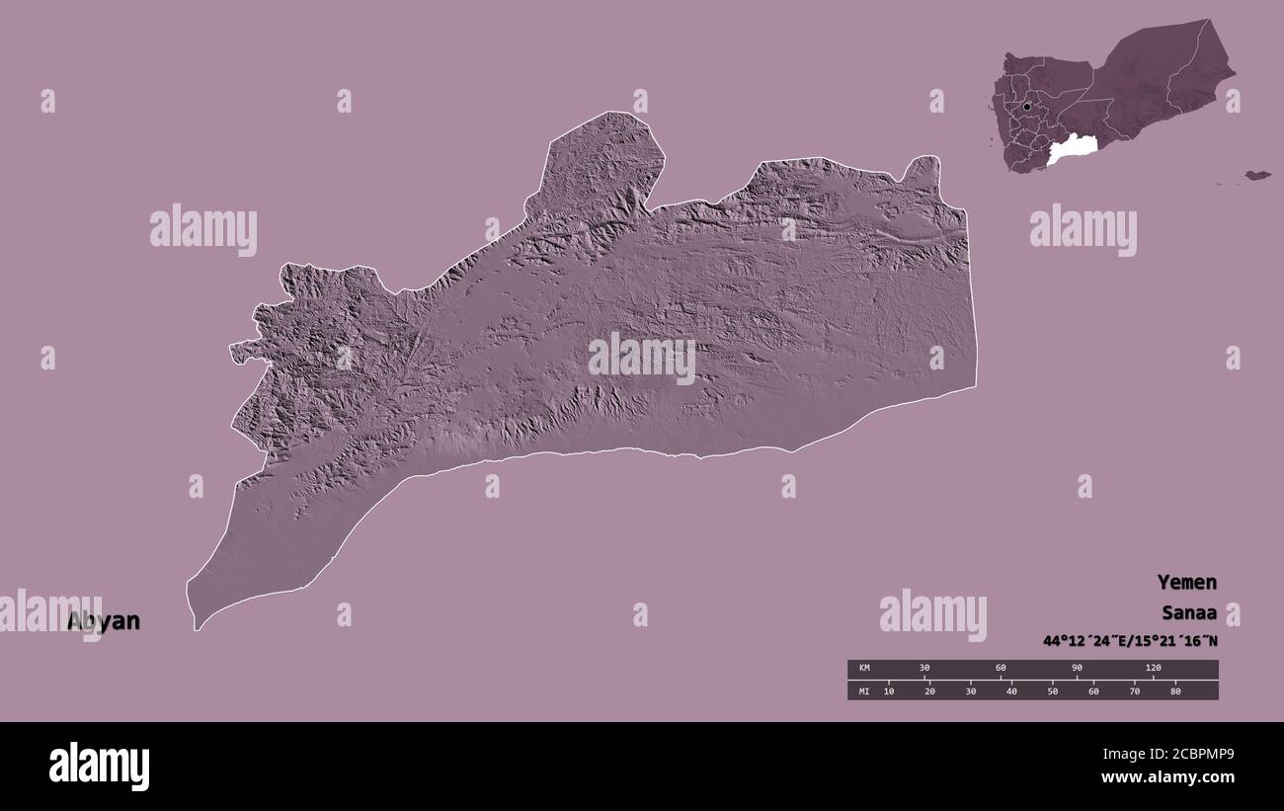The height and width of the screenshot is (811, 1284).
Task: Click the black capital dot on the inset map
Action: coord(1027,106)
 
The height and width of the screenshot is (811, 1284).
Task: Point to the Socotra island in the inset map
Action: coord(1256,175)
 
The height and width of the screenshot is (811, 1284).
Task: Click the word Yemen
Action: coord(1187,582)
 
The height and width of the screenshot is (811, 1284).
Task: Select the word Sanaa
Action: coord(1189,611)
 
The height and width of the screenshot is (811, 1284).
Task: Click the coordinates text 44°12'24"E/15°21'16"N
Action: coord(1130,641)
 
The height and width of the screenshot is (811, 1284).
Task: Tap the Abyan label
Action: coord(104,621)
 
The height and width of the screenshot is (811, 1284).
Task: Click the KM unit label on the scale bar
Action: coord(863,669)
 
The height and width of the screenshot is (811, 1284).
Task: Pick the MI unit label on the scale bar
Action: coord(863,690)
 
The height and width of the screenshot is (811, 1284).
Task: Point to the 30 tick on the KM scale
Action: coord(924,669)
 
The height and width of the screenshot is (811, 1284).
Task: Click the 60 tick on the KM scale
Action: coord(1001,669)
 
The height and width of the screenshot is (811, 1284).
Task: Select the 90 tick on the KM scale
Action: coord(1077,669)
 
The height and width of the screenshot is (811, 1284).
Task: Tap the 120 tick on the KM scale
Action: coord(1153,669)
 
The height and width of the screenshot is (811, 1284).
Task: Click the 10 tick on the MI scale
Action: coord(889,690)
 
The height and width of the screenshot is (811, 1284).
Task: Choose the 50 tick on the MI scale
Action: coord(1052,690)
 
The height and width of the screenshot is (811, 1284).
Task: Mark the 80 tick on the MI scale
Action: coord(1174,690)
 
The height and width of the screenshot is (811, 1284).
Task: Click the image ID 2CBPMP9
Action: coord(1184,755)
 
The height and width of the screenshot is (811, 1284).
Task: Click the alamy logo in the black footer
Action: coord(99,767)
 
